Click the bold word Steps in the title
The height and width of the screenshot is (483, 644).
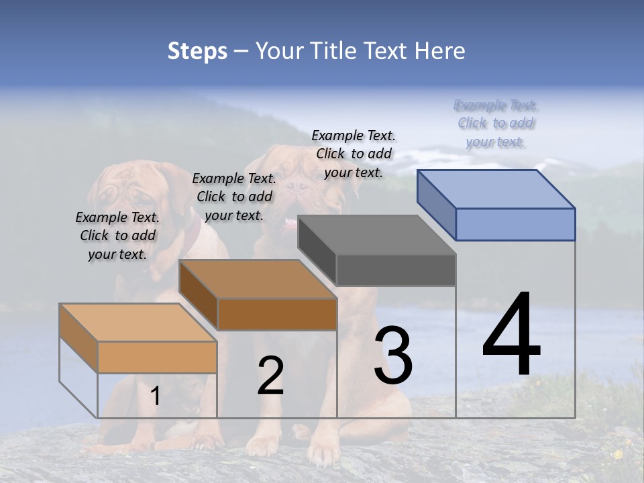[197, 51]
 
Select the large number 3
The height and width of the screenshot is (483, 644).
[393, 356]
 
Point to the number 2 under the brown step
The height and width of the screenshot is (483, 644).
[270, 376]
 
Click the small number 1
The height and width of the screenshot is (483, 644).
[156, 396]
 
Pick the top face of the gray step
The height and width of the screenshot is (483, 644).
[377, 235]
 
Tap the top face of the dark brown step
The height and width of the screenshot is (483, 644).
[258, 279]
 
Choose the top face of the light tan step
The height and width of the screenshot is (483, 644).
[138, 323]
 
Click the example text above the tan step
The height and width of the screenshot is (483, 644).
[117, 235]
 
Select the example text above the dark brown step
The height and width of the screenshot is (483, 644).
[234, 197]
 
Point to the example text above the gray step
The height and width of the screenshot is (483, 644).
[354, 154]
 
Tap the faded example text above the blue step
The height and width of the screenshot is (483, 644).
[496, 123]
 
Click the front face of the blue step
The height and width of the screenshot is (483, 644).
[515, 224]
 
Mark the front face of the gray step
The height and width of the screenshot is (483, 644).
[396, 270]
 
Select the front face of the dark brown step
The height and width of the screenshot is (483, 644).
[276, 314]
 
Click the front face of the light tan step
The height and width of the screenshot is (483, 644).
[157, 357]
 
